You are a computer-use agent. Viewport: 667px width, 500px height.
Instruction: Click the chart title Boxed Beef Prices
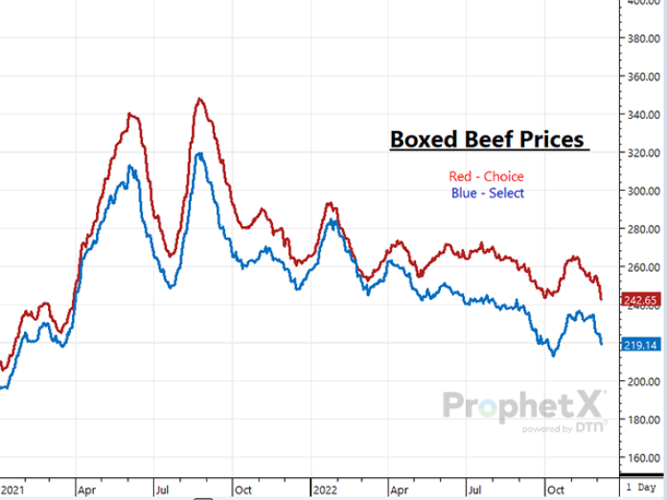click(488, 140)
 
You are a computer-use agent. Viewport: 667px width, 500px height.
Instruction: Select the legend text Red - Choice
click(487, 176)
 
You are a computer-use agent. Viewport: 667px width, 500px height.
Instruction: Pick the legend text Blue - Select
click(487, 193)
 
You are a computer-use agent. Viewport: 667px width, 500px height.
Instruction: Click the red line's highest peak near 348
click(199, 99)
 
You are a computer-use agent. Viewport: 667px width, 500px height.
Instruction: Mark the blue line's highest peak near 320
click(198, 154)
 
